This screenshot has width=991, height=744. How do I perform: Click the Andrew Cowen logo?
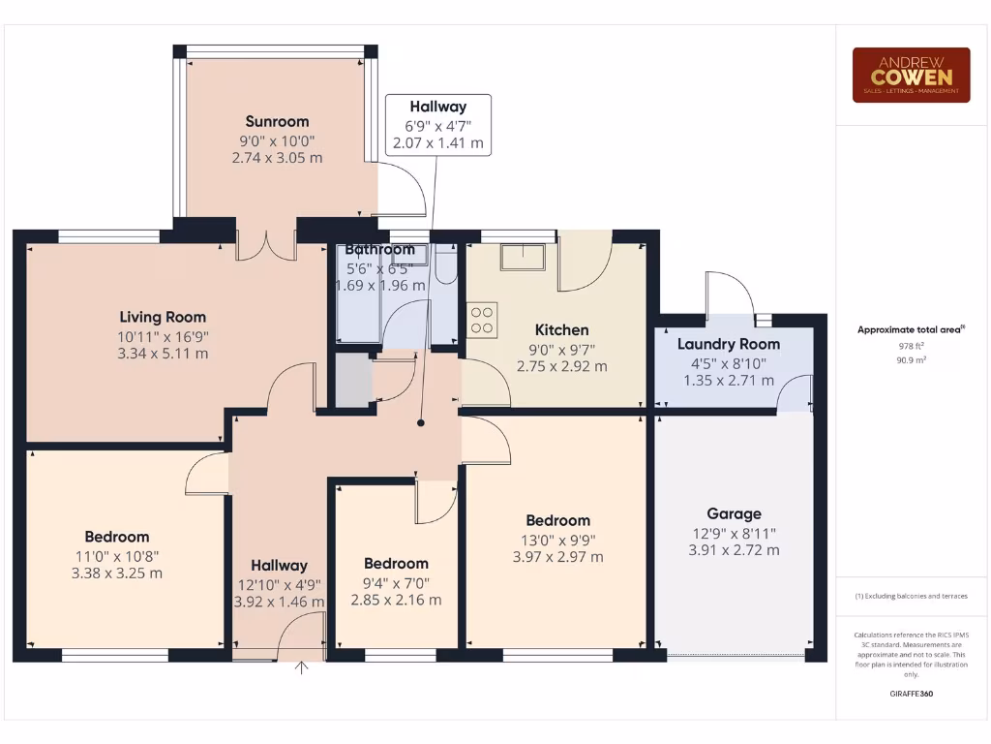point(911,76)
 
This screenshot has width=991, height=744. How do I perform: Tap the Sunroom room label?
point(277,121)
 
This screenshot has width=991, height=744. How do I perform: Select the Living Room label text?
point(163,317)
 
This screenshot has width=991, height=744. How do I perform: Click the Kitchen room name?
point(562,330)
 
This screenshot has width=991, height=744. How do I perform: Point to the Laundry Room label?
point(728,344)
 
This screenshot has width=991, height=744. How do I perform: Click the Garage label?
point(734,513)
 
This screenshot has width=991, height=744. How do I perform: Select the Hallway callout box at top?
point(437,124)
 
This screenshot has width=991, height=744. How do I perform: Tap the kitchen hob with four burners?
point(483,320)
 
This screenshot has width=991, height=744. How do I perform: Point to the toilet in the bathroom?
point(446,264)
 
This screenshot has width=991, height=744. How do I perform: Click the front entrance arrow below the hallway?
point(302,667)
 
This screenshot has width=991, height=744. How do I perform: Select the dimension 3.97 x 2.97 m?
point(557,557)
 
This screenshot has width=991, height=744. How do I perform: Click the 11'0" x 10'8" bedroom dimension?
point(116,555)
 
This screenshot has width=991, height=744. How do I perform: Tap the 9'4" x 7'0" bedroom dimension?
point(396,582)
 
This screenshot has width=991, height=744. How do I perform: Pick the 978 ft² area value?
point(911,346)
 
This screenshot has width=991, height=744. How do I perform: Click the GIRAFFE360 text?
point(911,694)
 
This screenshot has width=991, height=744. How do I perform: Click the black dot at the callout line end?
point(421,423)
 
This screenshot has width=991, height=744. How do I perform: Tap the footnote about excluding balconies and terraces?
point(911,596)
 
